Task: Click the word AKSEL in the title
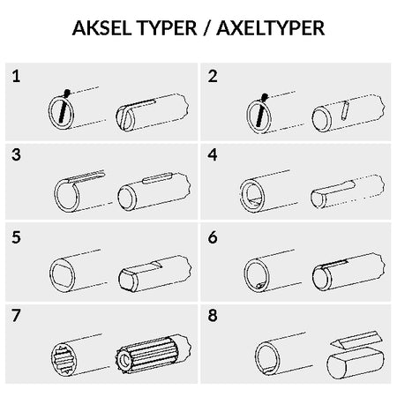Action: click(101, 28)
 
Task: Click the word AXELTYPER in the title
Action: click(271, 28)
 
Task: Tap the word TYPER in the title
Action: click(167, 28)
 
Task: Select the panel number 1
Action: click(16, 76)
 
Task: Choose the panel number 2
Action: click(213, 76)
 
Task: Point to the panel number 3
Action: click(16, 154)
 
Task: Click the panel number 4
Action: click(213, 154)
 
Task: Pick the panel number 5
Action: click(16, 237)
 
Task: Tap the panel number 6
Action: click(213, 237)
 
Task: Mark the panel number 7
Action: click(16, 316)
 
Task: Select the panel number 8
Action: click(213, 316)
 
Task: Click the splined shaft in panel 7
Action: click(153, 354)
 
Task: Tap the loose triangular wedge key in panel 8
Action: click(356, 341)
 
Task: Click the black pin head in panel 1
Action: click(67, 93)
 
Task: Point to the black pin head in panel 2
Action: click(265, 97)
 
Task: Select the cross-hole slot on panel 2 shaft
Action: click(345, 110)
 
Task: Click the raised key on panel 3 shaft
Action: click(157, 178)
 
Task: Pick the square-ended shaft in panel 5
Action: click(155, 273)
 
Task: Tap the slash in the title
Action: click(207, 29)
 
